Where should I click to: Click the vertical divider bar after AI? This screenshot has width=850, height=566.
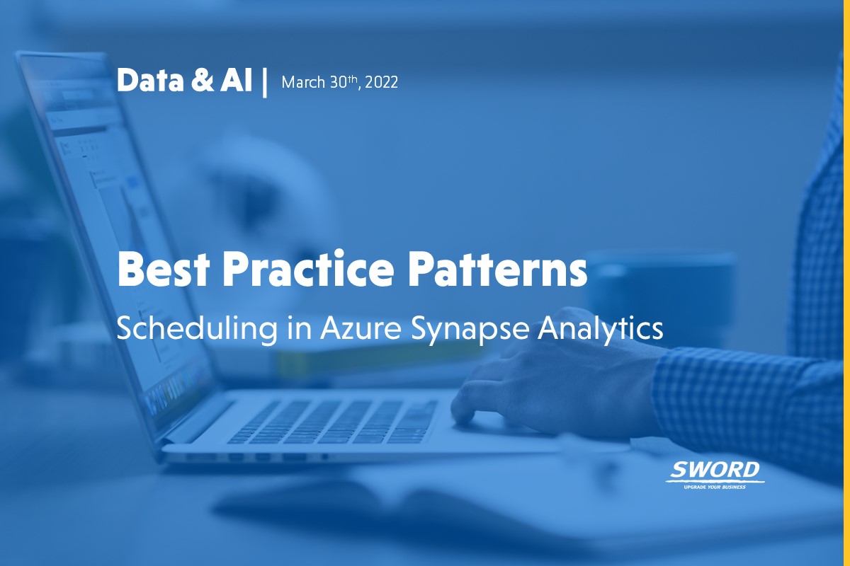tap(265, 83)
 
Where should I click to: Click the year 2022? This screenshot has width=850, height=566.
tap(383, 83)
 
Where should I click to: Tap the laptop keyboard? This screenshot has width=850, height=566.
tap(333, 421)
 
